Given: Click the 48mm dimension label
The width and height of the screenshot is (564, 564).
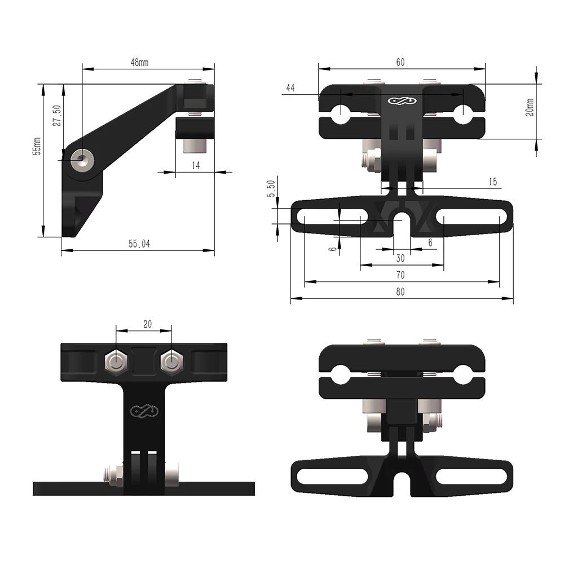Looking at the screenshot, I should click(x=139, y=63).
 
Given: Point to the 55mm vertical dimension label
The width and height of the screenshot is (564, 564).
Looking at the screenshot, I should click(x=37, y=146).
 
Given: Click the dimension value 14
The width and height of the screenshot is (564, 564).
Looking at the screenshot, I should click(x=196, y=166).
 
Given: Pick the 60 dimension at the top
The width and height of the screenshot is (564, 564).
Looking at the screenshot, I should click(x=400, y=63).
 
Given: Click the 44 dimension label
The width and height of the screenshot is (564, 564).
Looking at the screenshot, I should click(x=290, y=87).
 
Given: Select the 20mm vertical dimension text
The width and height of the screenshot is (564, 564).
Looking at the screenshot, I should click(x=529, y=107).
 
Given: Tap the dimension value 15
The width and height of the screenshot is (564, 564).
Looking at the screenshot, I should click(x=492, y=182).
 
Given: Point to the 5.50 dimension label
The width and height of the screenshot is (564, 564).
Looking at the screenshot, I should click(x=271, y=188).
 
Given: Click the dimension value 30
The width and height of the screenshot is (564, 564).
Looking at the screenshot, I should click(x=400, y=258).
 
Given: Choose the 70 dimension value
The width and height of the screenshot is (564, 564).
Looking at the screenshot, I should click(x=400, y=275).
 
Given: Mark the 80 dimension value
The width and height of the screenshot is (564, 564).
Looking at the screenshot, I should click(x=400, y=292).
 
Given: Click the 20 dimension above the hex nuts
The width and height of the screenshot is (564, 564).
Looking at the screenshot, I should click(x=147, y=324).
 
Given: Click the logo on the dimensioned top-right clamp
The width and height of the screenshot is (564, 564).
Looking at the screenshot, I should click(x=401, y=102).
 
